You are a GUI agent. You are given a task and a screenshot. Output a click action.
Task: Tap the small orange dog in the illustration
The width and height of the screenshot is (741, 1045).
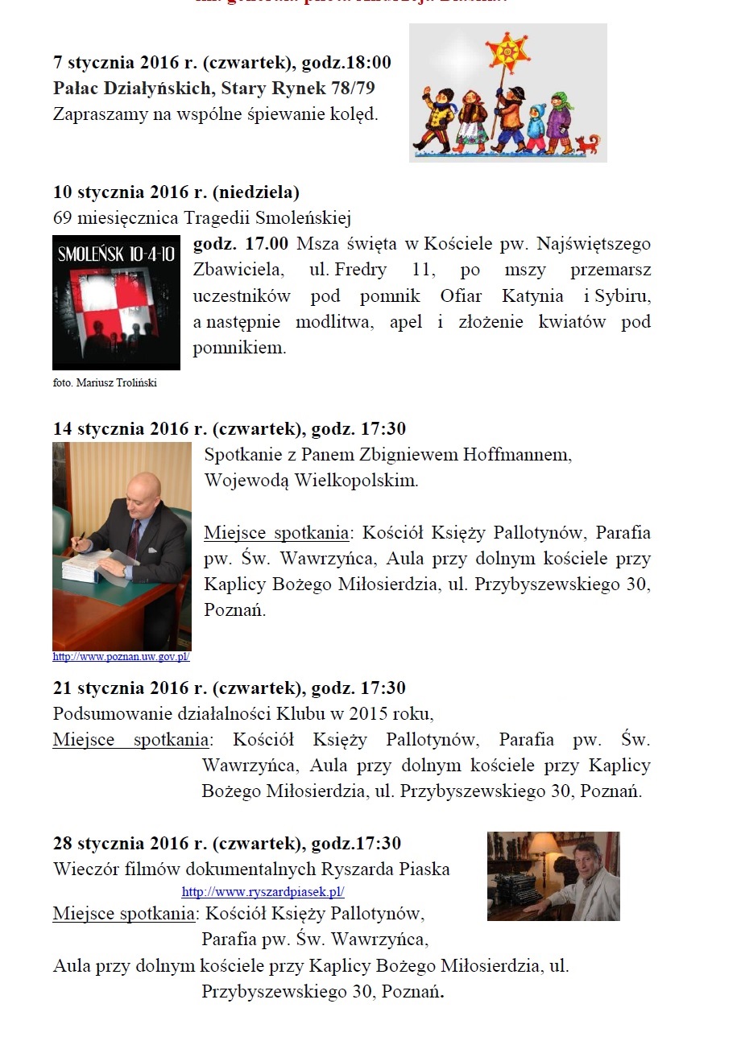point(588,145)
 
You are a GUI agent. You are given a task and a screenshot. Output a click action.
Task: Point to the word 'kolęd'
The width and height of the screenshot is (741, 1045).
point(355,114)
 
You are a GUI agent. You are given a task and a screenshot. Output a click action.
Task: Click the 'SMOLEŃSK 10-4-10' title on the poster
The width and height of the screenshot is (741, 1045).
point(116,255)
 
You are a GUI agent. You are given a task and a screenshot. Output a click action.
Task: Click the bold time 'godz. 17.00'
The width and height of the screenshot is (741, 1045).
point(241,243)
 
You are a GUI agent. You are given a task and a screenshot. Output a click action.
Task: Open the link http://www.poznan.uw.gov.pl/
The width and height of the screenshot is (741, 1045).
point(121,657)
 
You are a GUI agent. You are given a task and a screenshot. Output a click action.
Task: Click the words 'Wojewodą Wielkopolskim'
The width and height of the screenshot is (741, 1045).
point(311,481)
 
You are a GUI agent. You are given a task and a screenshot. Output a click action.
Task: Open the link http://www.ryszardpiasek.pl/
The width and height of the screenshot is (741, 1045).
point(263,892)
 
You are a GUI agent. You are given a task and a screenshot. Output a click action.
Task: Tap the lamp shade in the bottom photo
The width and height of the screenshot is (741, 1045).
point(544,844)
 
